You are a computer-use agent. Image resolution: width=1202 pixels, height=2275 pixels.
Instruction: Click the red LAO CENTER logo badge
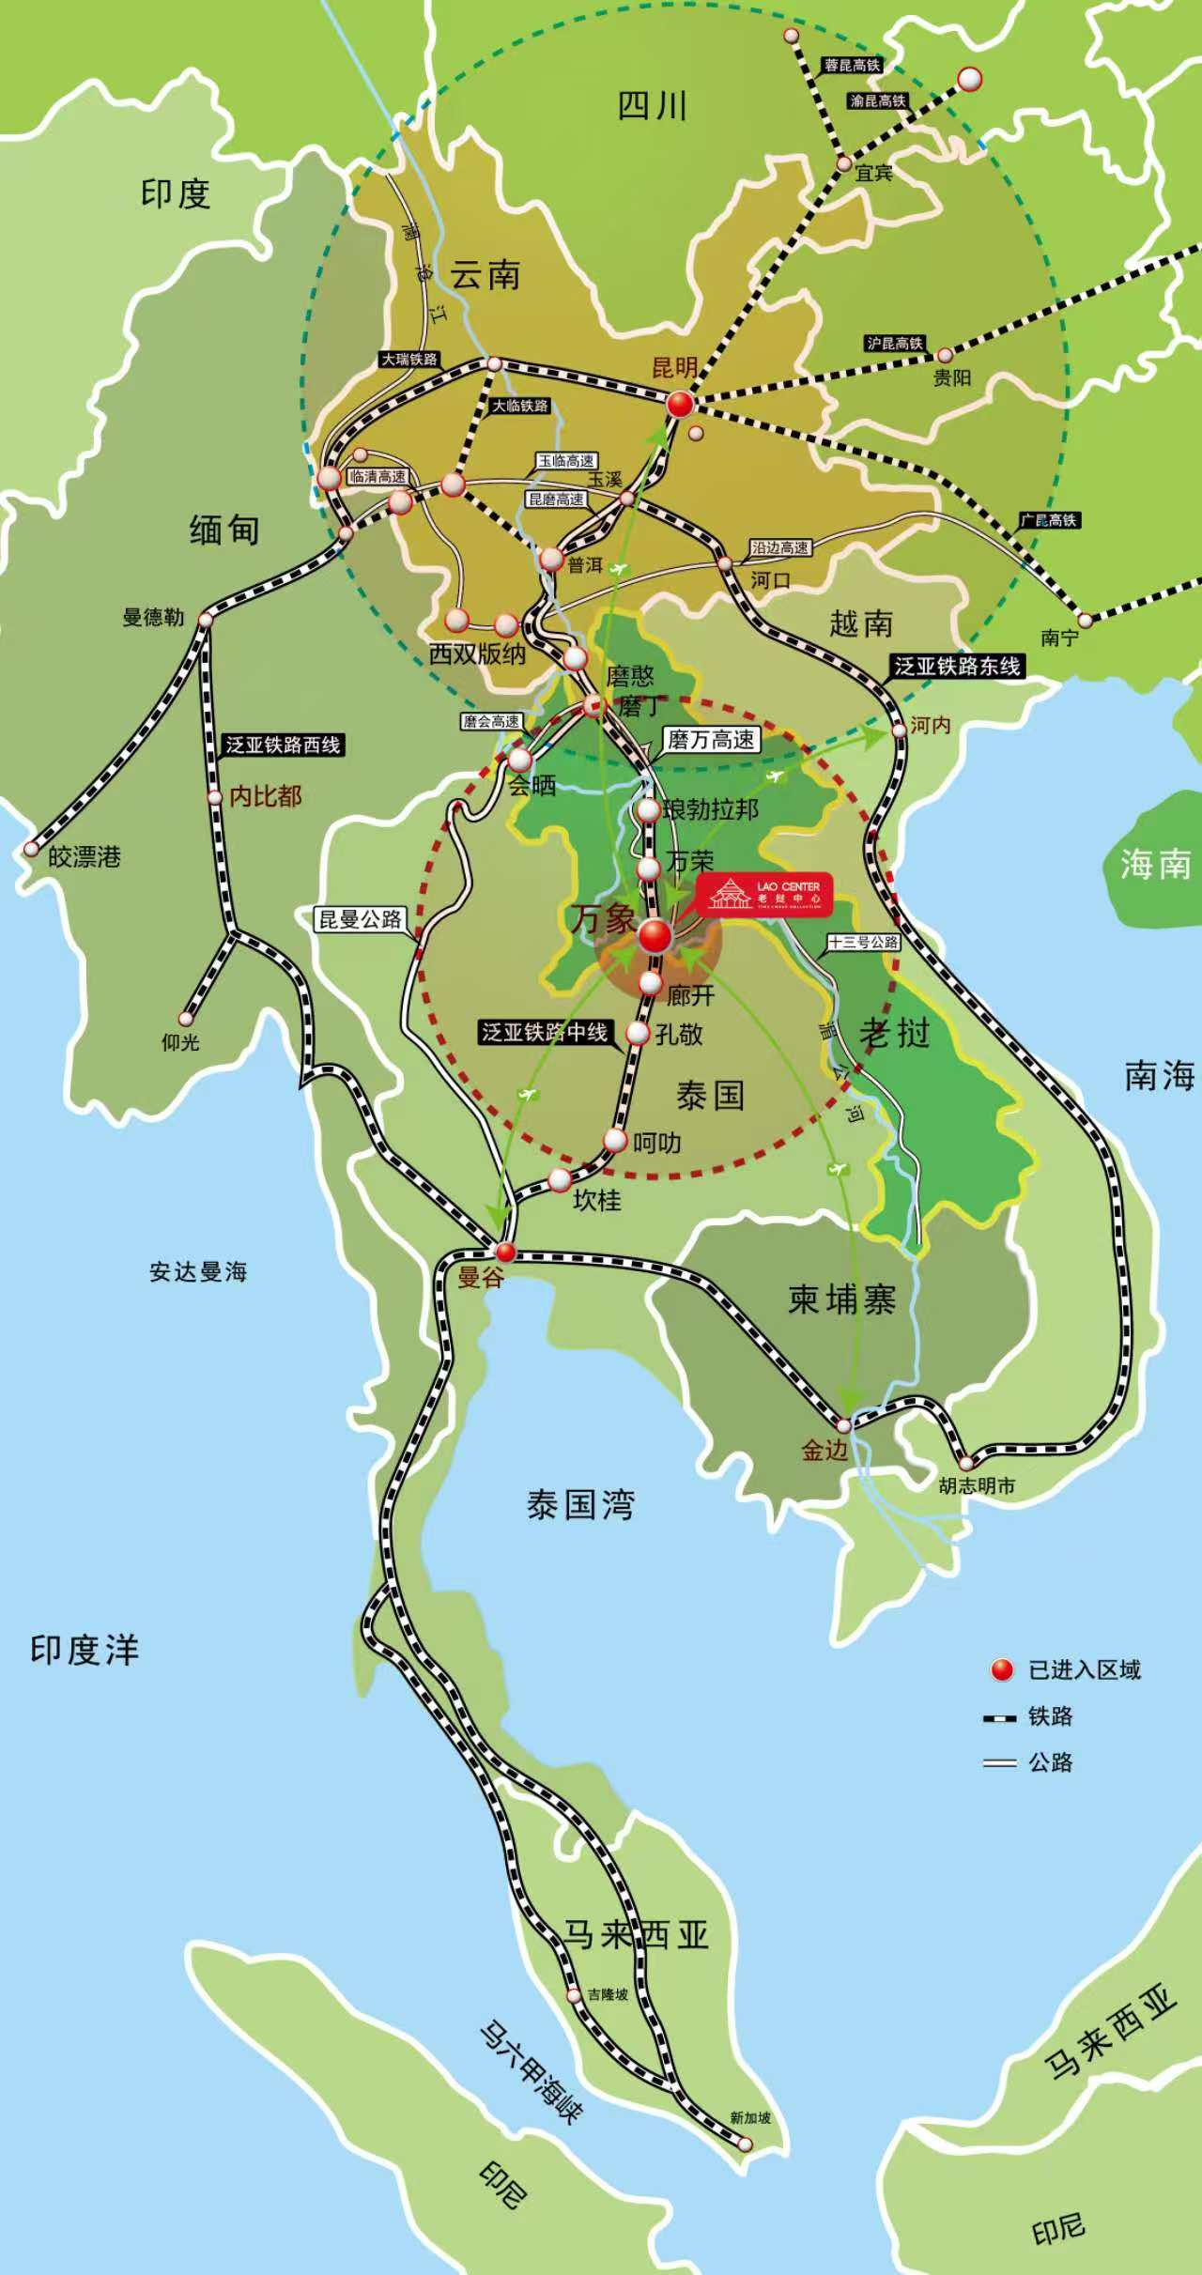764,894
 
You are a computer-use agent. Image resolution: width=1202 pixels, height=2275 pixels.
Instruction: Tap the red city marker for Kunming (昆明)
681,405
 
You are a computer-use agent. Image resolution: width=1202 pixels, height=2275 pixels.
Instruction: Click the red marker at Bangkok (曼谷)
506,1251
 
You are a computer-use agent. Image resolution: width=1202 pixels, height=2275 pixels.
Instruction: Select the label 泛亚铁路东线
956,667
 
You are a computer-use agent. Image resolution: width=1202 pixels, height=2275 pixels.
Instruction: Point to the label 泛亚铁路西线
283,745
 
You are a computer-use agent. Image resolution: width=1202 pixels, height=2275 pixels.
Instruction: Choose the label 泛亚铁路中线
545,1033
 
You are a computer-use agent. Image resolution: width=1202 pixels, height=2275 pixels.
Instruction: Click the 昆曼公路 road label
361,918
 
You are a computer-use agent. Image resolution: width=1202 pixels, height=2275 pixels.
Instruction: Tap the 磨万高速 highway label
711,740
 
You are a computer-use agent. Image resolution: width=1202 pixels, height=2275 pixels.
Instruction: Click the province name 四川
653,106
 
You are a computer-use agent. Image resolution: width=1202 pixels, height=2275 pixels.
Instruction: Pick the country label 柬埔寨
841,1300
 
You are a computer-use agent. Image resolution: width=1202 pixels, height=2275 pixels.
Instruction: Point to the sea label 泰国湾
580,1505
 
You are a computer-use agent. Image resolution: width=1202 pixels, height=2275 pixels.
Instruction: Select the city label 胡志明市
977,1486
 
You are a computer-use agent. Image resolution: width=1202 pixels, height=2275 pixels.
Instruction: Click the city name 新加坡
750,2117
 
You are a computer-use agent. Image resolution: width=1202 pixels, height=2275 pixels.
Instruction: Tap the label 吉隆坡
609,1993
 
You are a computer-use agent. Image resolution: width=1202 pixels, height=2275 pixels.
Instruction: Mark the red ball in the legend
1002,1669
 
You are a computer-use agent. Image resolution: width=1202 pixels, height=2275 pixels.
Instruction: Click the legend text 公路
1050,1762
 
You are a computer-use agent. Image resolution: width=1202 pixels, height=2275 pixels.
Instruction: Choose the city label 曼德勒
153,617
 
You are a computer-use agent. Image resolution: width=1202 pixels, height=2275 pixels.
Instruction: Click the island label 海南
1155,864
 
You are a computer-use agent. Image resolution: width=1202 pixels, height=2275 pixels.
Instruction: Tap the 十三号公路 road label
863,942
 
